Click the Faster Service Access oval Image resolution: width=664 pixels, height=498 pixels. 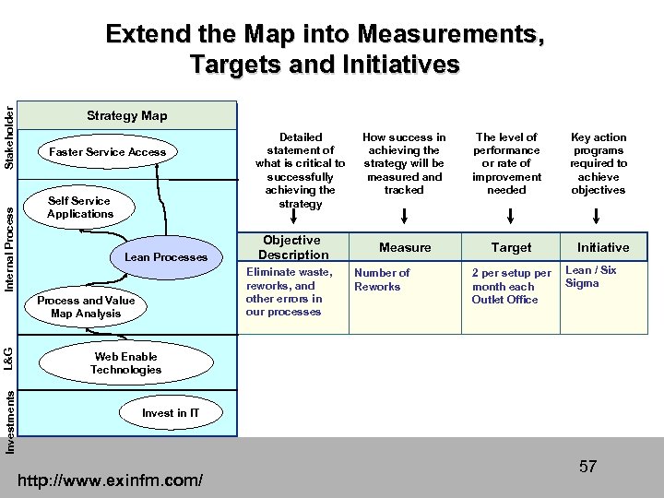pos(108,152)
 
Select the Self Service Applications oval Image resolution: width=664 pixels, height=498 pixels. pos(80,207)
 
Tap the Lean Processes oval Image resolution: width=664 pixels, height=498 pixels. pos(166,257)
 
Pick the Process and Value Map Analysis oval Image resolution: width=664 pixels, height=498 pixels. pos(86,307)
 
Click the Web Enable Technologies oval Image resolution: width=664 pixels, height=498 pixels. pos(125,363)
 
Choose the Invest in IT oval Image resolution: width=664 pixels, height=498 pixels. pos(170,413)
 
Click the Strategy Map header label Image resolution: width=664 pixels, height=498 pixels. pos(127,115)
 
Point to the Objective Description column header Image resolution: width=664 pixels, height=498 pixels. pos(292,247)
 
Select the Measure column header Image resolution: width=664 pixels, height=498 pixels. pos(405,247)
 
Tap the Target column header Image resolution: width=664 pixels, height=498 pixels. pos(511,247)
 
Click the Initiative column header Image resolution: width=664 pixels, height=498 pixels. pos(603,247)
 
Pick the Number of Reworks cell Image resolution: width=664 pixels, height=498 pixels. pos(382,279)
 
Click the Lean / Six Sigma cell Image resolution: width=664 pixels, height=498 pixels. pos(590,277)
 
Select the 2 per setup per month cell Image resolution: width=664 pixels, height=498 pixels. pos(511,286)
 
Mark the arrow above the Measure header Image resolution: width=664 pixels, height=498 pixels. pos(405,218)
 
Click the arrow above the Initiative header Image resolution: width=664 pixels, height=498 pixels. pos(598,218)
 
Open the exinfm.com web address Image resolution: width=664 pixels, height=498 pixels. pos(111,480)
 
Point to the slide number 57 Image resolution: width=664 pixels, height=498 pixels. pos(587,467)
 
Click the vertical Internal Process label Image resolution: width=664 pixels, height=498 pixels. pos(8,249)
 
